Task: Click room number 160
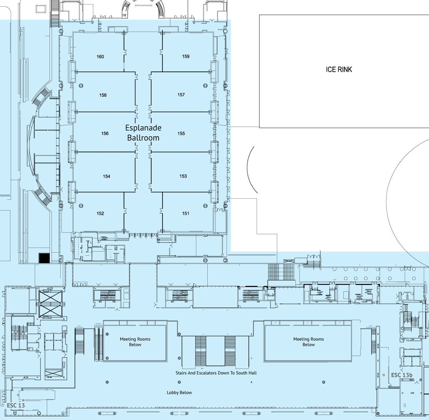(100, 57)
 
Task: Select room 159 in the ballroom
(186, 56)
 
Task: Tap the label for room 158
(103, 95)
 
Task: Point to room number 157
(181, 95)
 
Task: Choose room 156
(105, 134)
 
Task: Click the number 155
(181, 134)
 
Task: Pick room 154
(107, 176)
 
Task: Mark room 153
(183, 176)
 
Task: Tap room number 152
(100, 214)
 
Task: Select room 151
(186, 214)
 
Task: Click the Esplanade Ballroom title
(143, 133)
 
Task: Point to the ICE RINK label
(339, 69)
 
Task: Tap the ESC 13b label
(402, 375)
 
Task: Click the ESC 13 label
(16, 406)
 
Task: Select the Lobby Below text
(180, 393)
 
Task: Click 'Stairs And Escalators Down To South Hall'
(216, 373)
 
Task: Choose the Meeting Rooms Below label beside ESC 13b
(309, 342)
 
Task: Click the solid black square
(44, 258)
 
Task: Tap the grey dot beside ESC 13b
(384, 375)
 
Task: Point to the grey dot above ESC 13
(18, 395)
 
